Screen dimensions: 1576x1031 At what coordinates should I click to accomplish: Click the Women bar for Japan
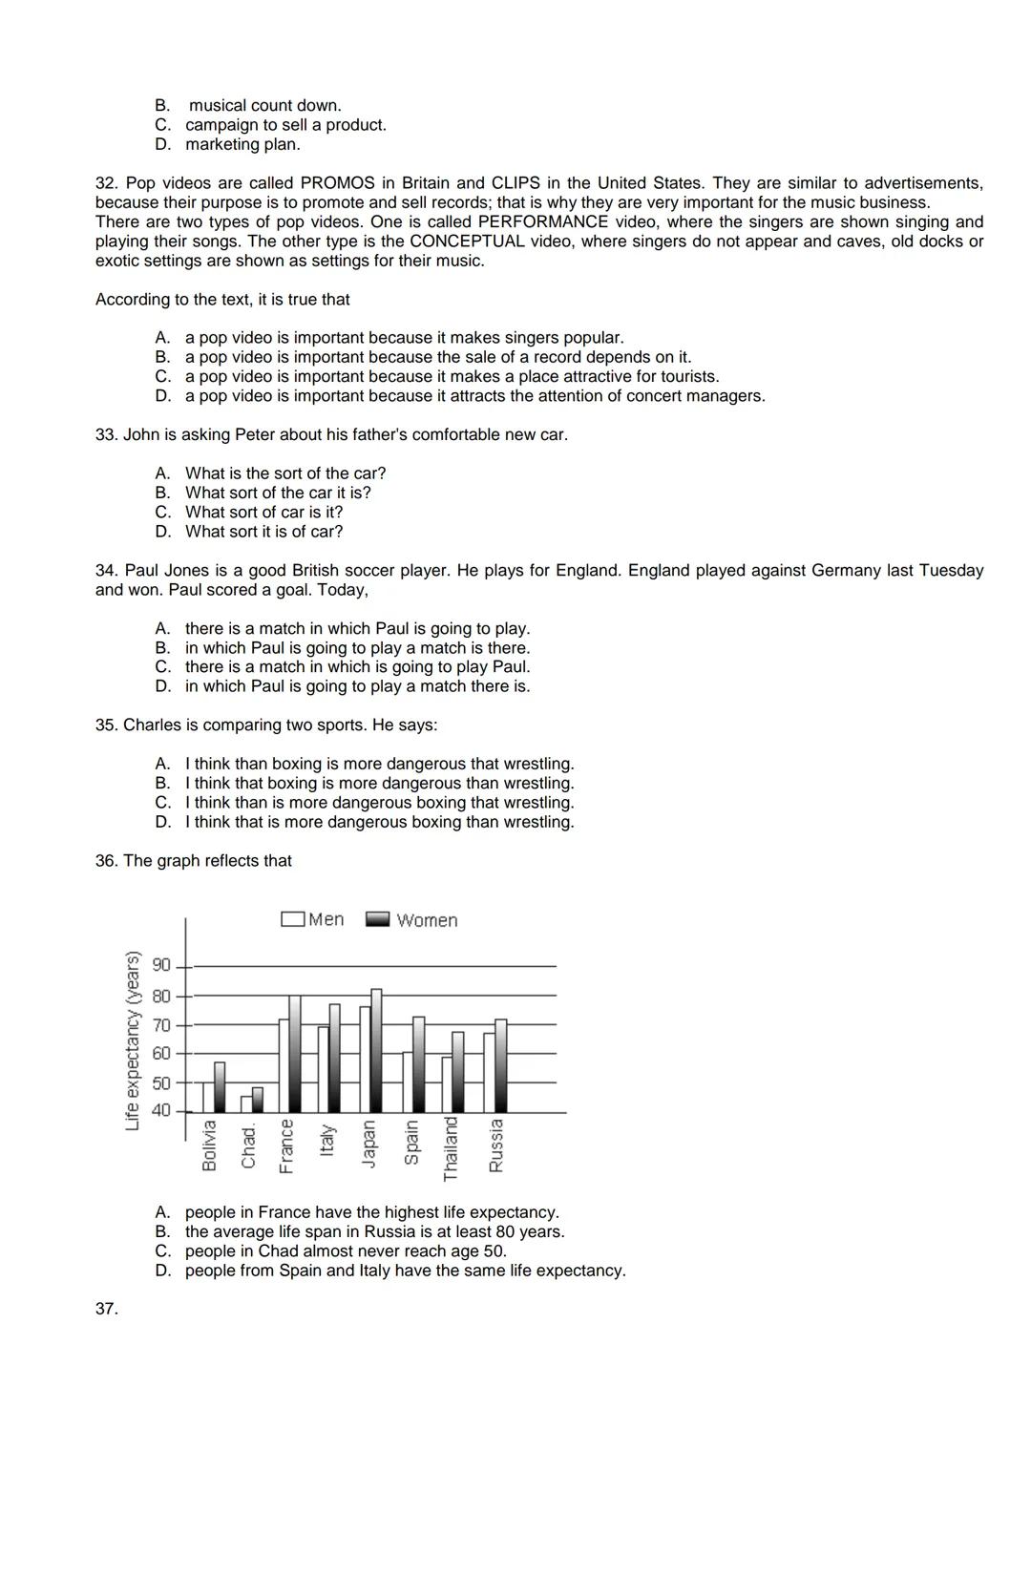pos(376,1050)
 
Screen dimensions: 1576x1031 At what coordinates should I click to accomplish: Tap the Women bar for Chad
pos(258,1100)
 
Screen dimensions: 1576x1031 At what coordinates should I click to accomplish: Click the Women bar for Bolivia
pos(220,1087)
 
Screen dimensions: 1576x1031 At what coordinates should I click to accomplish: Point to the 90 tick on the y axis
pos(161,965)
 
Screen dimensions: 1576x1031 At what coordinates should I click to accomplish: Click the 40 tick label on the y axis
pos(161,1110)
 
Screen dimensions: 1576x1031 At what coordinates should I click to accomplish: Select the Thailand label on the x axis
pos(452,1148)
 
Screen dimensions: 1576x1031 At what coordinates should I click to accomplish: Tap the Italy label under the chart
pos(327,1140)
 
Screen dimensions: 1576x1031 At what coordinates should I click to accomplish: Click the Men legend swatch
pos(292,919)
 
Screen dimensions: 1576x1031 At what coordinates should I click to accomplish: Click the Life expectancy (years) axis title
pos(133,1040)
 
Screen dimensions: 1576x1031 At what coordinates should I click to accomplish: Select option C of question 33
pos(263,512)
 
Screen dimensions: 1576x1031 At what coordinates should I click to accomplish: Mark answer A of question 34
pos(357,628)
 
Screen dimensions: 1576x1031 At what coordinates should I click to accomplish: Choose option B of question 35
pos(379,783)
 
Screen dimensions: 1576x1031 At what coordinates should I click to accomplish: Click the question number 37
pos(106,1309)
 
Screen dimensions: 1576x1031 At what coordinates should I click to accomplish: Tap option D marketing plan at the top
pos(242,144)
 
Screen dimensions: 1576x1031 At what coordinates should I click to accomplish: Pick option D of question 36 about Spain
pos(405,1271)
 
